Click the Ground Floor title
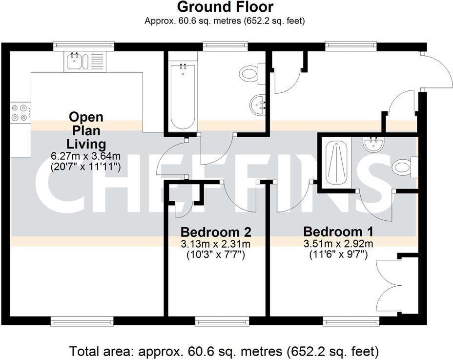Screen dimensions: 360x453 click(x=225, y=7)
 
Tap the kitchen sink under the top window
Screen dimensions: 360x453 click(x=75, y=62)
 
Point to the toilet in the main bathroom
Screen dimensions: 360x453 click(x=251, y=74)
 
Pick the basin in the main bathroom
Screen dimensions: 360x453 click(x=259, y=104)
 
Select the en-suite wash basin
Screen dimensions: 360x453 click(x=373, y=143)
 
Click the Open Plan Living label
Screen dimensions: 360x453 click(x=86, y=130)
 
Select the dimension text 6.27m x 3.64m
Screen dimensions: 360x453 click(x=86, y=156)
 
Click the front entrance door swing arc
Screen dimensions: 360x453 click(x=438, y=73)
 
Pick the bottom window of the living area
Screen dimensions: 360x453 click(x=82, y=321)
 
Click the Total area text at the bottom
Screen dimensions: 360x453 click(x=224, y=351)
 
